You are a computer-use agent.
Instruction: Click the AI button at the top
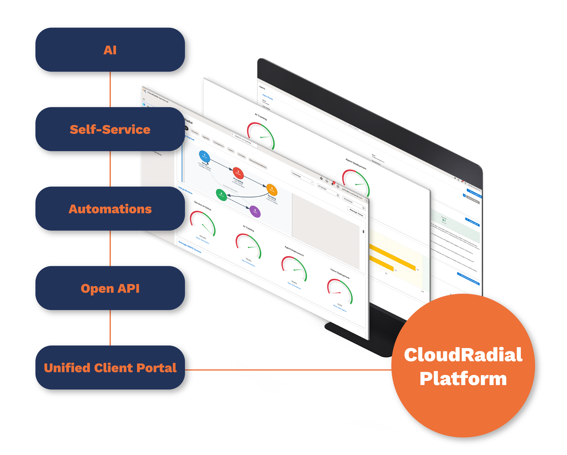pyautogui.click(x=110, y=50)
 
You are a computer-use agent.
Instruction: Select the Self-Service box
pyautogui.click(x=110, y=129)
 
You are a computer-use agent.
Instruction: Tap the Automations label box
pyautogui.click(x=110, y=209)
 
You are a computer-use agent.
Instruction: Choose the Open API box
pyautogui.click(x=110, y=288)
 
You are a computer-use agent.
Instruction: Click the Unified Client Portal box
pyautogui.click(x=110, y=368)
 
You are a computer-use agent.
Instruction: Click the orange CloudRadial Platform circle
pyautogui.click(x=463, y=366)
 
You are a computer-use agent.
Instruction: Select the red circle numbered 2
pyautogui.click(x=238, y=173)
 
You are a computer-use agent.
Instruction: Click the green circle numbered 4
pyautogui.click(x=221, y=195)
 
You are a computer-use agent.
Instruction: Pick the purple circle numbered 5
pyautogui.click(x=255, y=211)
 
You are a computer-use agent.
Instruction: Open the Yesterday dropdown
pyautogui.click(x=302, y=178)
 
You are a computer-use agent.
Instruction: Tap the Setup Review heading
pyautogui.click(x=185, y=190)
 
